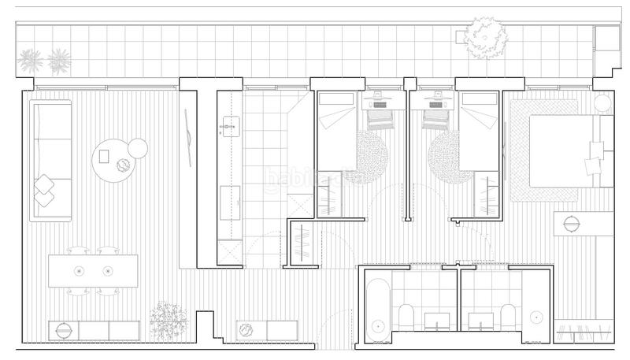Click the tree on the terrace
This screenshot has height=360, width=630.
[486, 37]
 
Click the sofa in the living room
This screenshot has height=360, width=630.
[50, 159]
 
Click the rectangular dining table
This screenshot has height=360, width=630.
[93, 271]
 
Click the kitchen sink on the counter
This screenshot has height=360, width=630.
[231, 126]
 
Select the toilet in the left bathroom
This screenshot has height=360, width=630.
[406, 317]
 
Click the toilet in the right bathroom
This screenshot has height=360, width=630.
[505, 317]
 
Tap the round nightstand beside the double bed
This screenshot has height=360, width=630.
[602, 102]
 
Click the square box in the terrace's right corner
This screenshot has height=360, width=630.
[606, 39]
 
